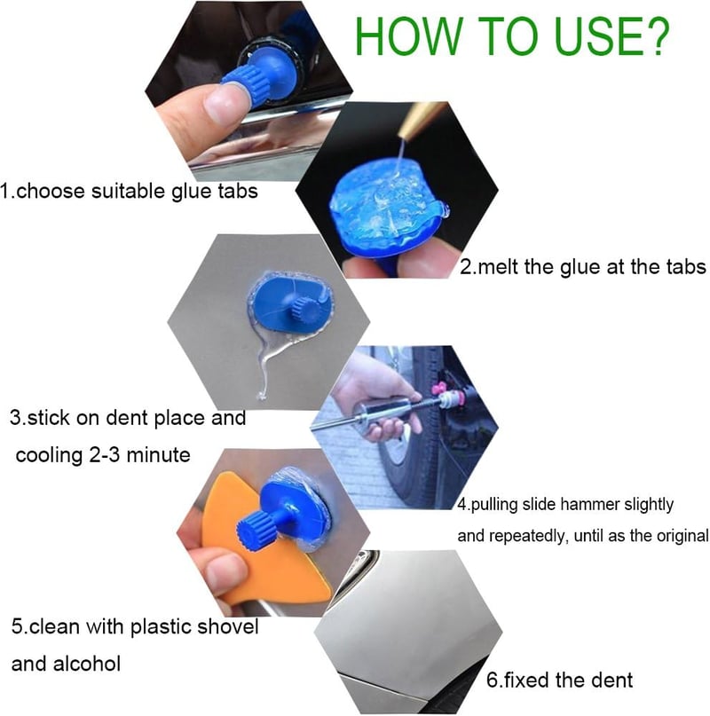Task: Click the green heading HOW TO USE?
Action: click(513, 37)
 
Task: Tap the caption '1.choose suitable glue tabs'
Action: click(130, 192)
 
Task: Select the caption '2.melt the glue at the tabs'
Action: click(582, 266)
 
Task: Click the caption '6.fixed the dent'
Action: click(559, 681)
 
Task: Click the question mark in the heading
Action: click(654, 37)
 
